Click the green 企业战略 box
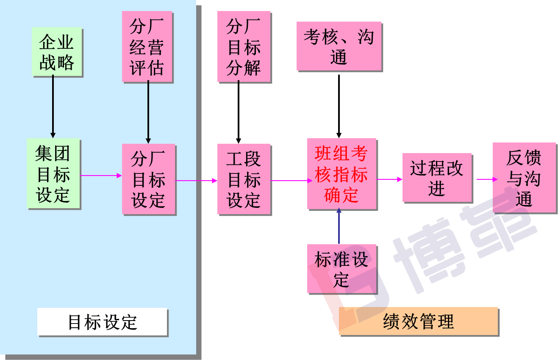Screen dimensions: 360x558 [x=57, y=52]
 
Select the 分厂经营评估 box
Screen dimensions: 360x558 [x=147, y=46]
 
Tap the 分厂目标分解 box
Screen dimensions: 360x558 [x=244, y=46]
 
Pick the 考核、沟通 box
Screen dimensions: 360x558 [x=339, y=46]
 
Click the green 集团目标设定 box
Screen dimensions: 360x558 [x=53, y=173]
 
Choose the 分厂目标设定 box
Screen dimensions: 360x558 [x=149, y=179]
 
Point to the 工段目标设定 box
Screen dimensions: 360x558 [x=244, y=179]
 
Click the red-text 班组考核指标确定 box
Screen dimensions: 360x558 [x=341, y=173]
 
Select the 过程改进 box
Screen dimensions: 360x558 [x=437, y=177]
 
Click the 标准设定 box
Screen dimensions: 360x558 [x=341, y=268]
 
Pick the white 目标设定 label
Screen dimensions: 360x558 [x=102, y=322]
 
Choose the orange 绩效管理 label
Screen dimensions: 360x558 [x=418, y=321]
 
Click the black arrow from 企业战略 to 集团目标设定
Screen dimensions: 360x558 [x=53, y=106]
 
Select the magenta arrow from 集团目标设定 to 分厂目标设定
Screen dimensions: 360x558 [x=101, y=176]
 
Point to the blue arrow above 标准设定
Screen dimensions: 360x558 [x=339, y=227]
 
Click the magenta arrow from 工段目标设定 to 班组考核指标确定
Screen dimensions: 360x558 [x=289, y=181]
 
